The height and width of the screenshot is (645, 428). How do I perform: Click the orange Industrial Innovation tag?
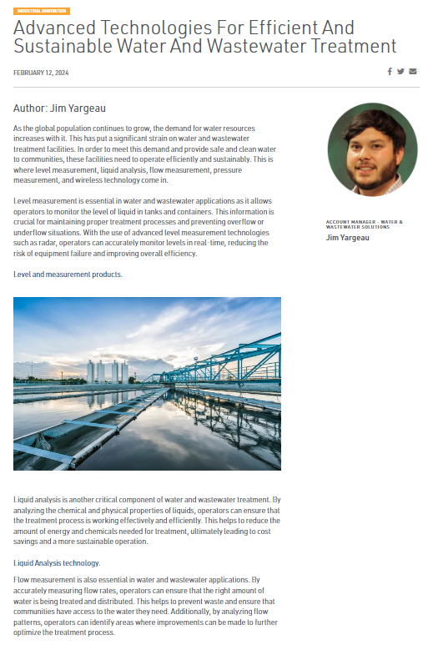[x=42, y=11]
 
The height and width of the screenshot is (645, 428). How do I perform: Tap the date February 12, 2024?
[x=41, y=73]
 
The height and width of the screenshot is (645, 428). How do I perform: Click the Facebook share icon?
[x=390, y=72]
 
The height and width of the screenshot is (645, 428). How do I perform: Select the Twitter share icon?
[x=400, y=72]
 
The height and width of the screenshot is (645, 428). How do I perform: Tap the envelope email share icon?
[x=412, y=72]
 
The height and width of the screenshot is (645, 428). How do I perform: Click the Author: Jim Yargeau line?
[x=59, y=108]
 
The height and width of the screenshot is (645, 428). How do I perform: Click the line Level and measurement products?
[x=68, y=275]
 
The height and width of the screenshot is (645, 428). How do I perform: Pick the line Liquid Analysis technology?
[x=58, y=562]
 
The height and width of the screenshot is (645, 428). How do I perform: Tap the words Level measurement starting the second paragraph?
[x=44, y=201]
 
